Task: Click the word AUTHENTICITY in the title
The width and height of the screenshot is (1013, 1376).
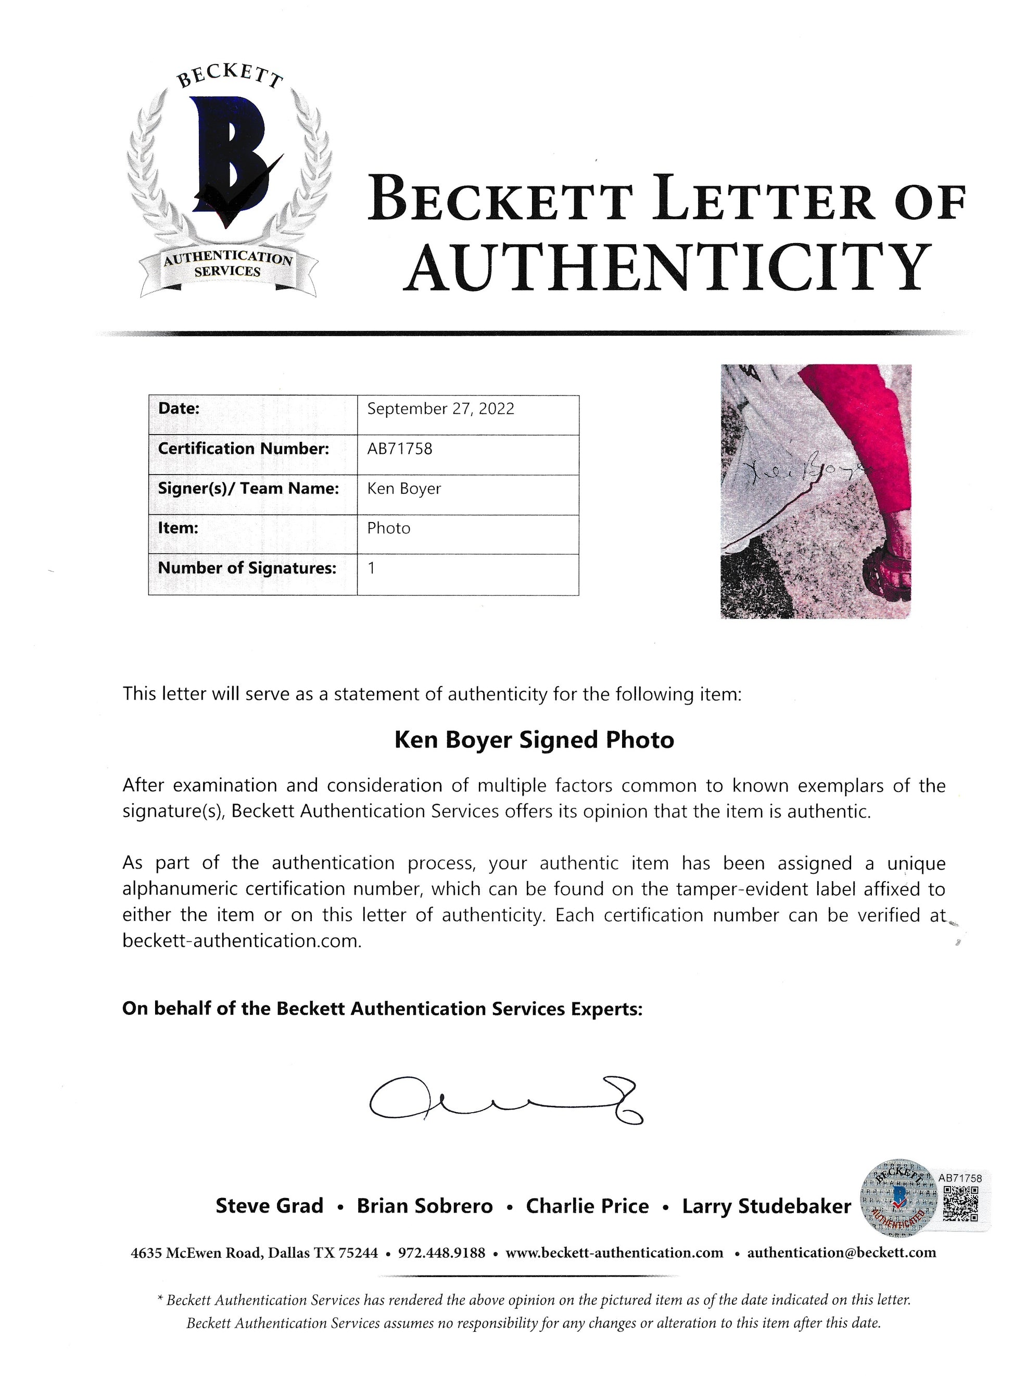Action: point(668,267)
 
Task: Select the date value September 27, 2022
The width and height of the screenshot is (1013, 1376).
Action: point(440,409)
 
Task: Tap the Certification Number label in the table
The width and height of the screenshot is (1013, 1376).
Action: point(244,449)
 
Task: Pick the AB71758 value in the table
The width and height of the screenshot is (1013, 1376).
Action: point(400,449)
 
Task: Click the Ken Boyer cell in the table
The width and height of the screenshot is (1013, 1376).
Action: point(404,489)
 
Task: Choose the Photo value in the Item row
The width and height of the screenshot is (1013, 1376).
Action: point(389,528)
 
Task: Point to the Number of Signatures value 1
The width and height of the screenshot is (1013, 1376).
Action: point(371,568)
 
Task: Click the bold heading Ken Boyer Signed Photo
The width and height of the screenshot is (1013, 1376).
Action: point(534,740)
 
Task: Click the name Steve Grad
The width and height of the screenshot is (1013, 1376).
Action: point(269,1206)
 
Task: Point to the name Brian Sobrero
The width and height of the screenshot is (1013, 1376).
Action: point(425,1206)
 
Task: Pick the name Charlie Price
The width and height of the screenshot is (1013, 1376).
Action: point(587,1206)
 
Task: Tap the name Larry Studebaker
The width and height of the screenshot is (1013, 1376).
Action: point(766,1206)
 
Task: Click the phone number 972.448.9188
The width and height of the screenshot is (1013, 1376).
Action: point(441,1253)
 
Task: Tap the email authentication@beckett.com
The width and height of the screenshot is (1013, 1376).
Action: point(841,1253)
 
